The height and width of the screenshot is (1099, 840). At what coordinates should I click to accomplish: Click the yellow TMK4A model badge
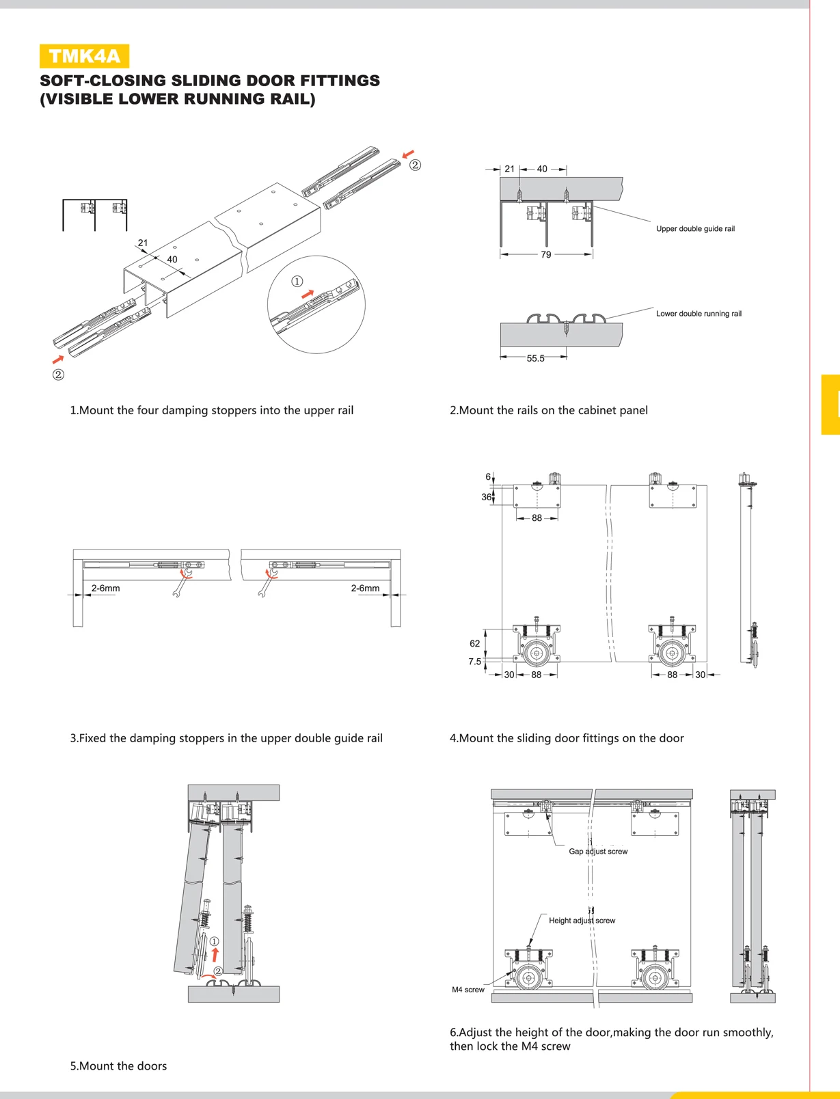(84, 56)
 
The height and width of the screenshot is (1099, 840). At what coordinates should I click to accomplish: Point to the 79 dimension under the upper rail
(545, 255)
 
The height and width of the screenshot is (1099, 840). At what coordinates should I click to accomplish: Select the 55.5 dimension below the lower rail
(535, 358)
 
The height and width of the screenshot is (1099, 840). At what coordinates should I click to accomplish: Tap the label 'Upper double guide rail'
(695, 229)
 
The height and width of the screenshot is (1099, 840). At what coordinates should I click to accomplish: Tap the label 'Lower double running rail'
(699, 314)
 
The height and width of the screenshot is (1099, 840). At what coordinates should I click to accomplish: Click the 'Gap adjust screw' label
(598, 852)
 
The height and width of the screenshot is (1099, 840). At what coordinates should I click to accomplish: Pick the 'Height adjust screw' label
(582, 921)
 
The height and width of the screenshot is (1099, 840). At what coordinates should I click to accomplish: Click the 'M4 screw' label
(468, 990)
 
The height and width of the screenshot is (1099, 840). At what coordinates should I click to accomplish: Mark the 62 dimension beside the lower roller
(475, 643)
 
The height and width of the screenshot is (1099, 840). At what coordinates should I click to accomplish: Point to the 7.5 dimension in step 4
(474, 662)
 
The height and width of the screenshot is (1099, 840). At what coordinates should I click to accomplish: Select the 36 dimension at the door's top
(486, 497)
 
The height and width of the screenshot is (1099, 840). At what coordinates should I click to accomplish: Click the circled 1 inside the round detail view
(297, 282)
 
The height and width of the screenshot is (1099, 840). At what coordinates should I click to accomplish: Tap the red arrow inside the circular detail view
(308, 294)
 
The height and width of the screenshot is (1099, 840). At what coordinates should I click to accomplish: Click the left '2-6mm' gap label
(105, 588)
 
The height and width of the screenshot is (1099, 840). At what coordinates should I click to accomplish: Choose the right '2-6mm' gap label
(365, 588)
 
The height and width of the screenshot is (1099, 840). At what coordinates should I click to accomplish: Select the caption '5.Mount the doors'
(118, 1066)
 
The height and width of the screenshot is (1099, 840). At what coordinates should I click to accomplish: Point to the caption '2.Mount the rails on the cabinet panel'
(548, 410)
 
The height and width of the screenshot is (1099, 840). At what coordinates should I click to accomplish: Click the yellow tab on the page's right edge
(830, 405)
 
